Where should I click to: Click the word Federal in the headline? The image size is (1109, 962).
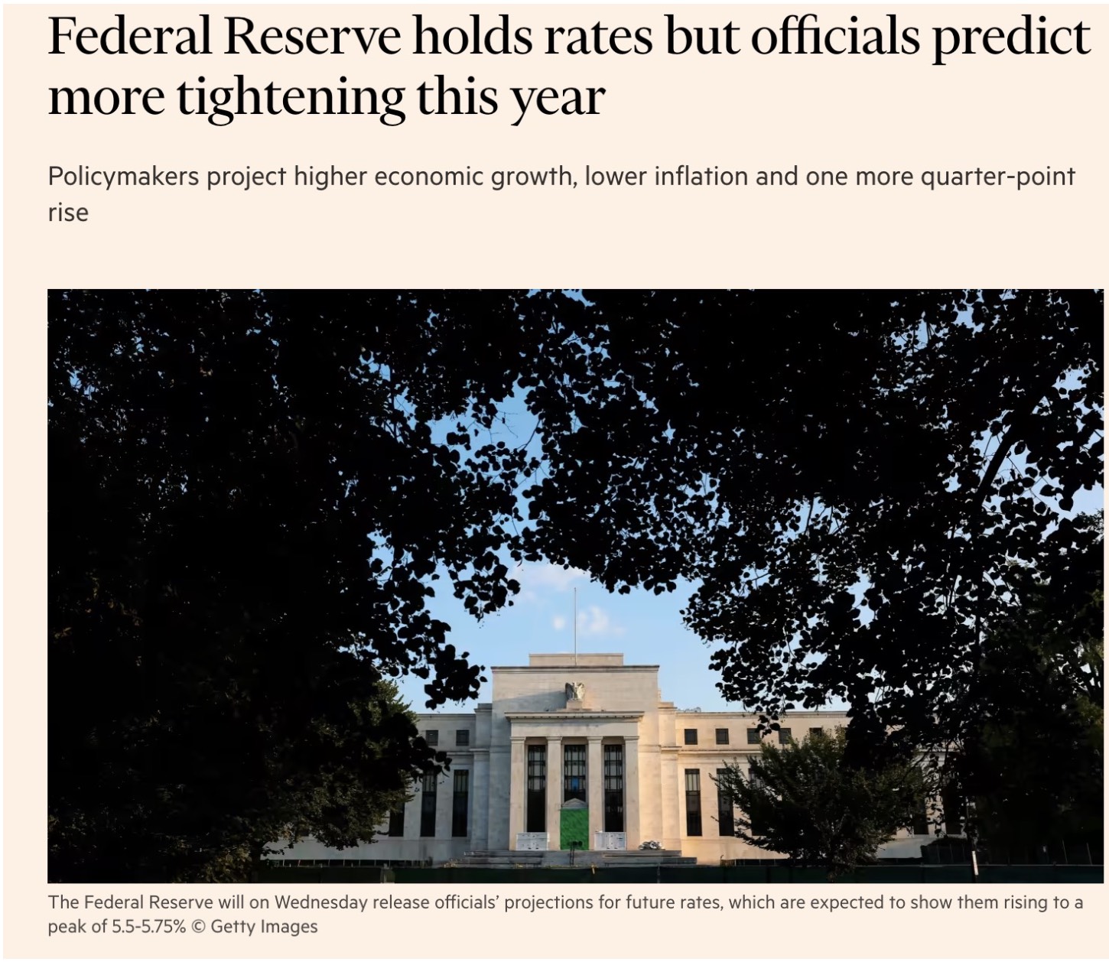tap(129, 37)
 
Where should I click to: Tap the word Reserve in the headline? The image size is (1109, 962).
tap(312, 37)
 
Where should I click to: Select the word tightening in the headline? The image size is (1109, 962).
tap(291, 97)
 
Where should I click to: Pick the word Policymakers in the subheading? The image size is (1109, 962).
tap(123, 177)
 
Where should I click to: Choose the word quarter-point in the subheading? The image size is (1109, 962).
tap(997, 177)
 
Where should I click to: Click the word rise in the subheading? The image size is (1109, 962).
tap(68, 213)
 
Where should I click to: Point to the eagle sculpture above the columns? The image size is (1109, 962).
tap(574, 691)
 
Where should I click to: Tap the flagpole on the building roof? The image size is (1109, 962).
tap(575, 623)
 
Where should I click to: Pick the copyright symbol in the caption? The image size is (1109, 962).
tap(198, 927)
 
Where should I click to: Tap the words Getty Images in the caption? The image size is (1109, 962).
tap(264, 927)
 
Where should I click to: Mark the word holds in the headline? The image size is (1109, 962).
tap(471, 37)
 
